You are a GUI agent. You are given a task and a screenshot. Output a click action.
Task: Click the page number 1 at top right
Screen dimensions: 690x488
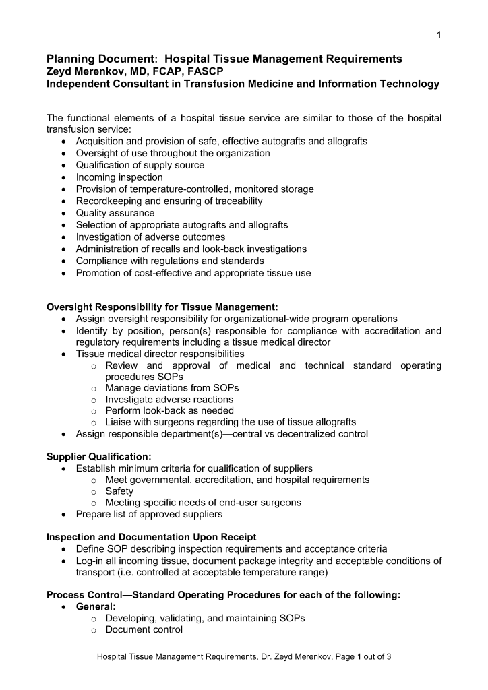[x=439, y=35]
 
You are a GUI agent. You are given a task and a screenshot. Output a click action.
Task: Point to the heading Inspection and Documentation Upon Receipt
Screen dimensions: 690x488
[x=151, y=537]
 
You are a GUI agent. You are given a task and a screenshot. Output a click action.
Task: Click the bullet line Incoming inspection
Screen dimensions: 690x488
[x=119, y=177]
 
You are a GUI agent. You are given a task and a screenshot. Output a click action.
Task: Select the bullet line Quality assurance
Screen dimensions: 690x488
[x=115, y=213]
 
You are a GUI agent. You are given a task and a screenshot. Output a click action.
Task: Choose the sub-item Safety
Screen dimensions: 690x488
[x=119, y=491]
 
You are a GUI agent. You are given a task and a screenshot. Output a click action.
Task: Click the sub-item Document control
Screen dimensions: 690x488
[x=144, y=630]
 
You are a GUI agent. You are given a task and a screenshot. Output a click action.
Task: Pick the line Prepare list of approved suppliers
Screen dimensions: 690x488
[x=149, y=514]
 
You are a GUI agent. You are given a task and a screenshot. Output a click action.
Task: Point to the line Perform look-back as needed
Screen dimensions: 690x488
[x=170, y=410]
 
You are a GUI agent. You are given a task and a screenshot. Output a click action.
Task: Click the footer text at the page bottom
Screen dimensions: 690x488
[x=244, y=657]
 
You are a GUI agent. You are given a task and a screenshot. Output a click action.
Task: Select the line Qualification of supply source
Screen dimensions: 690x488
[x=140, y=165]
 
